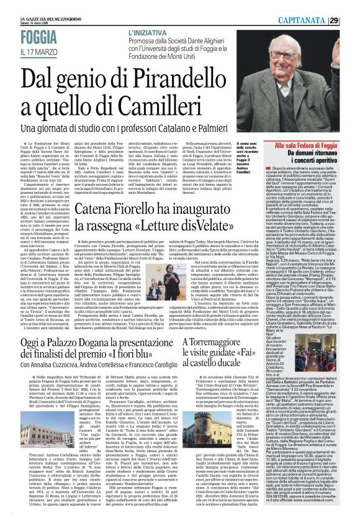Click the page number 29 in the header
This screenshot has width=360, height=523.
[x=351, y=5]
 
